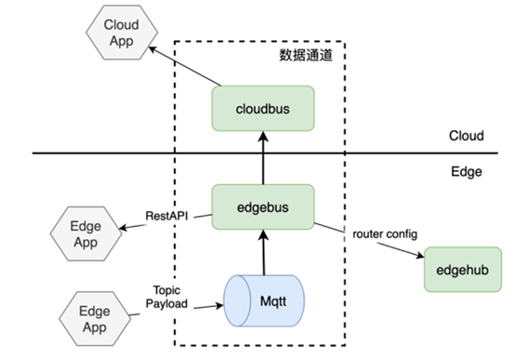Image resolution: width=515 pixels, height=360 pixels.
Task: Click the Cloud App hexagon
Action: pyautogui.click(x=122, y=33)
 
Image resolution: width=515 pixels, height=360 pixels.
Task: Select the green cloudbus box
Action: pyautogui.click(x=263, y=109)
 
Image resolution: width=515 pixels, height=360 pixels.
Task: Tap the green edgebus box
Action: pyautogui.click(x=263, y=207)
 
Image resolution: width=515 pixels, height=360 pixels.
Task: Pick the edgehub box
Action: pyautogui.click(x=463, y=270)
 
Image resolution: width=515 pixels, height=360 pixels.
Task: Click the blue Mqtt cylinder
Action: pyautogui.click(x=264, y=300)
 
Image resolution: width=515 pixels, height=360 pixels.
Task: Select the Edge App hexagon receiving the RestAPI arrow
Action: pyautogui.click(x=86, y=233)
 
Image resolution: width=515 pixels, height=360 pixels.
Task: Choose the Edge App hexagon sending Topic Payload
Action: pyautogui.click(x=95, y=318)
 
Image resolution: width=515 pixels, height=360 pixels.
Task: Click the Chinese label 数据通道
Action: pyautogui.click(x=306, y=55)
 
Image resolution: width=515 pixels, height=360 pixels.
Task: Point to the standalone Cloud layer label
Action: pyautogui.click(x=467, y=136)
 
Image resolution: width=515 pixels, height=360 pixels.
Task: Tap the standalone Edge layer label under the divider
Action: pyautogui.click(x=467, y=171)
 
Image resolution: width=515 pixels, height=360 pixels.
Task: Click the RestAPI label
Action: pyautogui.click(x=166, y=216)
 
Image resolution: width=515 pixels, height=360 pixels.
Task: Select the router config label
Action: pyautogui.click(x=385, y=234)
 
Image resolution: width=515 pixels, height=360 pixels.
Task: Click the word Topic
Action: pyautogui.click(x=166, y=290)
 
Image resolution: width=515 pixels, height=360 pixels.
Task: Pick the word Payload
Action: pyautogui.click(x=166, y=304)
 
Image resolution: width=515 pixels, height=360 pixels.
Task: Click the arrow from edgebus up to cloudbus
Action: pyautogui.click(x=263, y=158)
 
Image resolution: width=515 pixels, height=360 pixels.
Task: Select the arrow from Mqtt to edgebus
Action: pyautogui.click(x=264, y=252)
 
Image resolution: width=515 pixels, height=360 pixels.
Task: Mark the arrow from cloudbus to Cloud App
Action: pyautogui.click(x=185, y=66)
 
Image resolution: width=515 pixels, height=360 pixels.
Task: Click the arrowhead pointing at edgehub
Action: pyautogui.click(x=420, y=255)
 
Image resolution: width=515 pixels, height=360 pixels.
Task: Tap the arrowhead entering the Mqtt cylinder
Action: pyautogui.click(x=219, y=306)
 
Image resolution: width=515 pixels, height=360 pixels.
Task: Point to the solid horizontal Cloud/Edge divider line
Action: pyautogui.click(x=265, y=153)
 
